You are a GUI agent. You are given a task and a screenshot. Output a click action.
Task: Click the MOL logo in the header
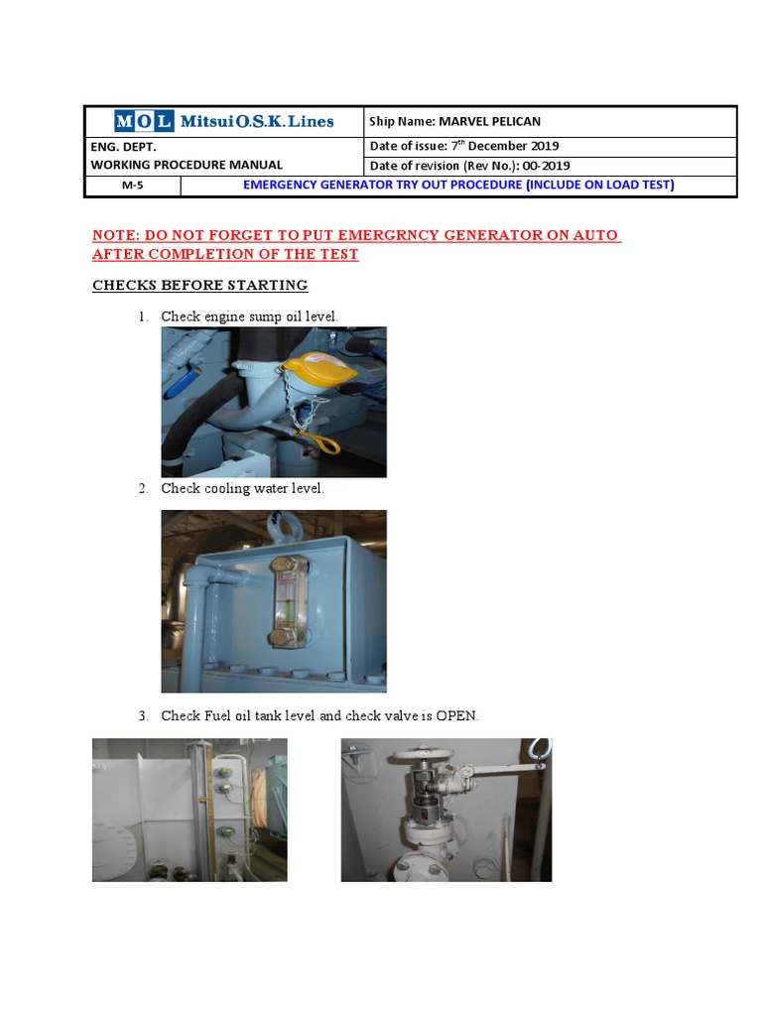click(x=143, y=122)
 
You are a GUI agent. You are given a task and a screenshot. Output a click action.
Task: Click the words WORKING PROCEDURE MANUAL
click(x=187, y=165)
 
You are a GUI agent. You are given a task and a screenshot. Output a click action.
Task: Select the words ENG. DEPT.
click(x=122, y=146)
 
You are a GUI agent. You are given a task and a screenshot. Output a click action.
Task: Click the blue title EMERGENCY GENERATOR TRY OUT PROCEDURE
click(x=382, y=185)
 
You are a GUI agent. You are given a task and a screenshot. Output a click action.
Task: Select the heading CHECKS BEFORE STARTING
click(x=199, y=285)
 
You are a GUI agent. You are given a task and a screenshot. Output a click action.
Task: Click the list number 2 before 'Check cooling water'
click(x=143, y=488)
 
